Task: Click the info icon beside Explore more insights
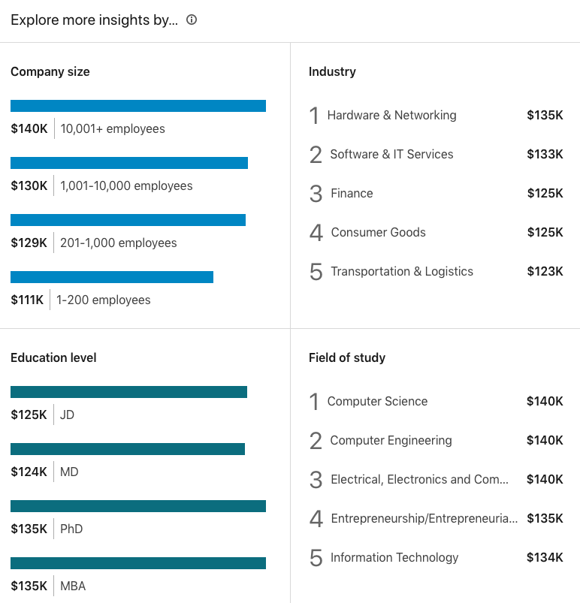(192, 20)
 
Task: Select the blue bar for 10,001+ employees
(138, 106)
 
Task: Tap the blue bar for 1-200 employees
(112, 277)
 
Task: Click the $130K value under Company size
(29, 185)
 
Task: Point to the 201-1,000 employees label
(119, 243)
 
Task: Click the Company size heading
(50, 72)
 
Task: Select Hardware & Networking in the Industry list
(391, 115)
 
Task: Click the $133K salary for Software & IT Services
(545, 154)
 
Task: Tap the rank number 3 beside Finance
(316, 194)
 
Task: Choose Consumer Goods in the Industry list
(378, 232)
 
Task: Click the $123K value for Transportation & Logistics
(545, 271)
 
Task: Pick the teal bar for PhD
(138, 506)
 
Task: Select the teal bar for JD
(128, 392)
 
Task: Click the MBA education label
(73, 586)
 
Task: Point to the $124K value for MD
(29, 472)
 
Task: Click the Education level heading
(53, 357)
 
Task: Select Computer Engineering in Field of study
(391, 440)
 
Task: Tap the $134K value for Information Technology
(545, 557)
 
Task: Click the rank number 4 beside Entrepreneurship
(316, 518)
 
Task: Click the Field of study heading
(347, 357)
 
